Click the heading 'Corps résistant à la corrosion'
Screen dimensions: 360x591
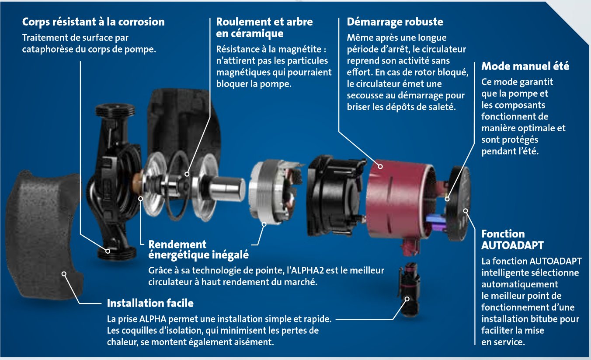point(93,22)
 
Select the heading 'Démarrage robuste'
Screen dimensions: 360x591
point(395,22)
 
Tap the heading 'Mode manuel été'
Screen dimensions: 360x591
point(525,66)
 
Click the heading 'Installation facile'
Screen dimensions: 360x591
point(150,303)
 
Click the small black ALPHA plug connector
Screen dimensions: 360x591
point(406,289)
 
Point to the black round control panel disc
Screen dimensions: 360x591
point(459,192)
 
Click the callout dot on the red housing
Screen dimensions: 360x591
point(380,166)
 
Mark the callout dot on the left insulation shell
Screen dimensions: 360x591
point(64,274)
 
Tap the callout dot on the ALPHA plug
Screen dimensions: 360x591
point(407,300)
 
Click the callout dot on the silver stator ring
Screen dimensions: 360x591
point(264,224)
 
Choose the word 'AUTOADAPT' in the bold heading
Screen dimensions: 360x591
point(512,245)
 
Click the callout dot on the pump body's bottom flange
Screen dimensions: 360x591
point(108,250)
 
